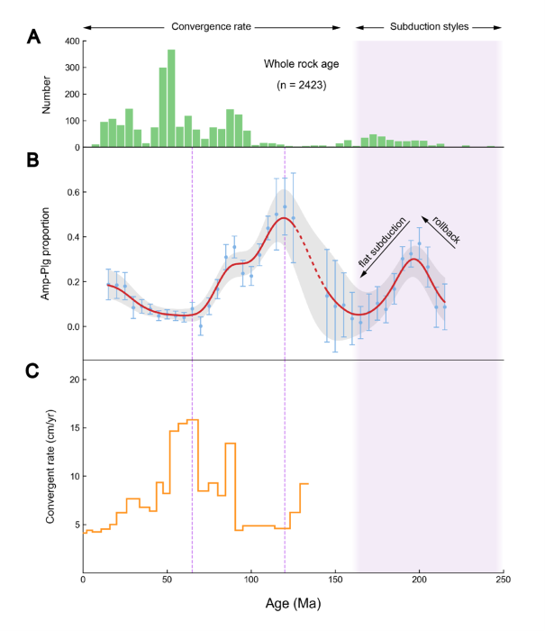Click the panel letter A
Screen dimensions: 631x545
[34, 37]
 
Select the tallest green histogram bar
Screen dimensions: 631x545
[171, 98]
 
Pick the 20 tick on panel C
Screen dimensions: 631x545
[68, 380]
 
